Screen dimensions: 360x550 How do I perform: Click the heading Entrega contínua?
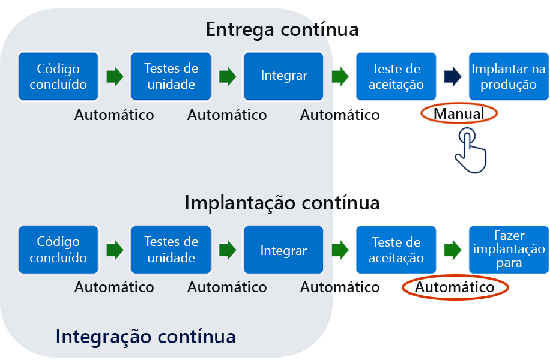point(282,29)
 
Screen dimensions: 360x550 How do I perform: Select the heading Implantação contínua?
point(282,203)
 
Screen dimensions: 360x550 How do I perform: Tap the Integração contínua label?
point(145,336)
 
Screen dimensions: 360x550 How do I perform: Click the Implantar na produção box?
point(509,76)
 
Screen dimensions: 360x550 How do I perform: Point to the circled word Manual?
point(459,114)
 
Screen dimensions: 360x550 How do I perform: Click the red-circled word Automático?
point(455,287)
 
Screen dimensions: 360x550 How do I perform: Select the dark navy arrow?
point(452,76)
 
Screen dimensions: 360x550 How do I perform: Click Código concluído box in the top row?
point(58,76)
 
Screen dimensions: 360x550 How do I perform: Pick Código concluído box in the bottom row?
point(58,250)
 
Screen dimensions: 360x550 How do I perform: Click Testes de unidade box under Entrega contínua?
point(171,76)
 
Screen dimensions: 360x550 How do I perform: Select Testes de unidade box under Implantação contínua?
point(171,250)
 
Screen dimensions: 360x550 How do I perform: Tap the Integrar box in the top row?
point(284,76)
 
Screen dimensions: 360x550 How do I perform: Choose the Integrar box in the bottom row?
point(284,250)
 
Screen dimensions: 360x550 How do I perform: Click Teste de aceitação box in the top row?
point(396,76)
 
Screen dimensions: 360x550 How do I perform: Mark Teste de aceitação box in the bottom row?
point(396,250)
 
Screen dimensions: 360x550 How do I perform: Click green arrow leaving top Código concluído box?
point(115,76)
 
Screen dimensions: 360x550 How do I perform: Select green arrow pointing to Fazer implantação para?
point(452,250)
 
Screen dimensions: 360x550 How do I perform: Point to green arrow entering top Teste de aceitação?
point(340,76)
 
